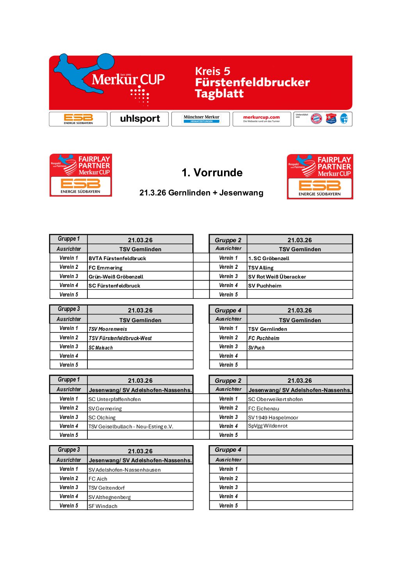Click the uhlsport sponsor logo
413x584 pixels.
(139, 119)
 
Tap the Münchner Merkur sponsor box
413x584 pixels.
(201, 119)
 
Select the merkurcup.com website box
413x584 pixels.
(262, 119)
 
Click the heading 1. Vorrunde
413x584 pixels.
(212, 172)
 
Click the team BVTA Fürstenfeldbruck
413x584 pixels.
(117, 258)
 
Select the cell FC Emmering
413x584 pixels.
(105, 268)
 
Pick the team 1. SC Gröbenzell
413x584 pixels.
(269, 258)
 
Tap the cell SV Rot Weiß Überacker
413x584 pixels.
(277, 277)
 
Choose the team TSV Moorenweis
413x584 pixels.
(108, 329)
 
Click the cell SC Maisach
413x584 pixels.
(101, 348)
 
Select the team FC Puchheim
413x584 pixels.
(264, 338)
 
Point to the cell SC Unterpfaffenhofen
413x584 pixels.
(115, 399)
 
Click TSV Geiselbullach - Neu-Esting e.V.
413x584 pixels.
(131, 426)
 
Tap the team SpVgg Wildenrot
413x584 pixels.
(268, 426)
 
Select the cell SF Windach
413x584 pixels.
(103, 506)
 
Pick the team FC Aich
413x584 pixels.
(98, 479)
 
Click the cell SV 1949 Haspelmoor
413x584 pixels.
(273, 417)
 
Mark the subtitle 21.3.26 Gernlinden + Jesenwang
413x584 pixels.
(201, 193)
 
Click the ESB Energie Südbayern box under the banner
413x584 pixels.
(78, 119)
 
